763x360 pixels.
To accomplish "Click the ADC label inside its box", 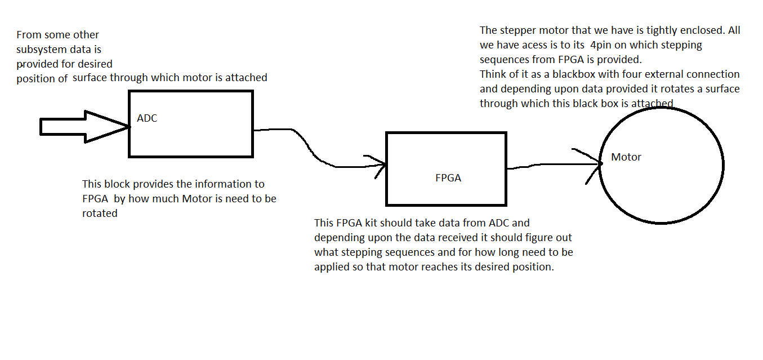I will tap(147, 118).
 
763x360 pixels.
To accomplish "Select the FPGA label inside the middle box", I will tap(448, 178).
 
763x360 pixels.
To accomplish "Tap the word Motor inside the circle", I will tap(626, 157).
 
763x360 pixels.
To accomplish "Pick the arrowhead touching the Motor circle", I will tap(591, 164).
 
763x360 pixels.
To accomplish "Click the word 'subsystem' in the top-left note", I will tap(42, 50).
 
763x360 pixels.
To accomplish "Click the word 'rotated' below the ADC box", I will tap(100, 214).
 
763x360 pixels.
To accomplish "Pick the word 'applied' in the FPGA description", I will tap(332, 267).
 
